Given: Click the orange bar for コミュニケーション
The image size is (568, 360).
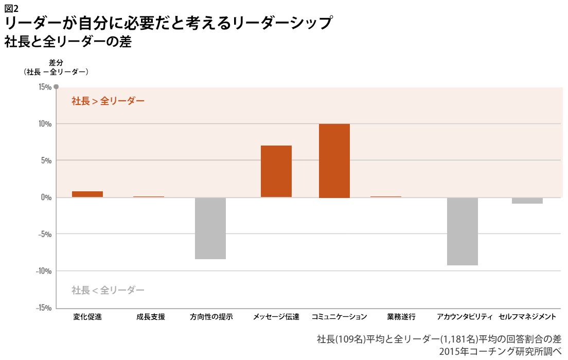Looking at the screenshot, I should (x=334, y=160).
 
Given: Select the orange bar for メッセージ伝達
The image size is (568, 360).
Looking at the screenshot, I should (x=276, y=171).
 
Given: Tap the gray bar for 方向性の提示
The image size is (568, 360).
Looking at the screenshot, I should (x=210, y=228).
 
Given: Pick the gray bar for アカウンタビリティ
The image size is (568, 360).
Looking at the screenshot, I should (x=463, y=231).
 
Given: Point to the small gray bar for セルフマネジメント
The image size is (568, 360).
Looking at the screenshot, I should (x=527, y=201).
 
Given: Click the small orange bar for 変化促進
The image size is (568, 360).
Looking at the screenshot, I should (x=87, y=194).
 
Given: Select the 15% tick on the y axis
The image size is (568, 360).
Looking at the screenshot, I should (x=44, y=87).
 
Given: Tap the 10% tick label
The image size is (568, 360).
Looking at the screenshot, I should (x=44, y=124).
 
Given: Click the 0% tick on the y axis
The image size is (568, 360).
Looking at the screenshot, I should (x=46, y=197).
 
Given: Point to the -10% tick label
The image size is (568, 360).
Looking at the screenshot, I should (x=43, y=271).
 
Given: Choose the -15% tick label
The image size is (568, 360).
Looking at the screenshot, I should (x=43, y=308).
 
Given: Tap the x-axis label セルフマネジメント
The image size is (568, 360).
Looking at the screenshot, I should (x=527, y=317).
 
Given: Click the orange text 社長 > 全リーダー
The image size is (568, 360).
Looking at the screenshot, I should (x=108, y=101).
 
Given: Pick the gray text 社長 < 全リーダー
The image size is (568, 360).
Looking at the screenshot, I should (x=108, y=290).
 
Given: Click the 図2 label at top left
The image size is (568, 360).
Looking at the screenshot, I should (x=11, y=8).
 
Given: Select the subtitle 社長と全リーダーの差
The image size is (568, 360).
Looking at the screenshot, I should (x=68, y=42).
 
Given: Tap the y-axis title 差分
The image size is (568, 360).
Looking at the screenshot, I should (x=56, y=63).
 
